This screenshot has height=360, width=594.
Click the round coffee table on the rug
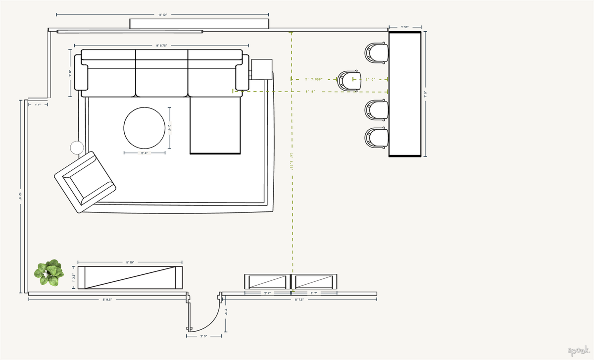pos(145,128)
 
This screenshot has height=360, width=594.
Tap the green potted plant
pos(49,273)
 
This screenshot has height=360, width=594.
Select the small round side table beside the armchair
pos(77,147)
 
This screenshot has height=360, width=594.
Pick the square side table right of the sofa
pos(261,69)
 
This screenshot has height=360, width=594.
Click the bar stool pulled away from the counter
pos(349,80)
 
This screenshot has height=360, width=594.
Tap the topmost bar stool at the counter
pos(376,53)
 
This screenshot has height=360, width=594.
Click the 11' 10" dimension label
pos(162,15)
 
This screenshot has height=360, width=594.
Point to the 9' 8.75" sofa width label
pos(161,46)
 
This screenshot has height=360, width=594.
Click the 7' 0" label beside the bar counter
pos(425,93)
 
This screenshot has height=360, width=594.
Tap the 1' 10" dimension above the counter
pos(404,27)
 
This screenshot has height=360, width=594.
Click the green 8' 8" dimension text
pos(310,92)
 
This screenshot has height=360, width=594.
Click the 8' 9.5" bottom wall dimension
pos(107,300)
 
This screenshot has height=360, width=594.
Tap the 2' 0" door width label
pos(203,336)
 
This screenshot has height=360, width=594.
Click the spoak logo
pos(578,351)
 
